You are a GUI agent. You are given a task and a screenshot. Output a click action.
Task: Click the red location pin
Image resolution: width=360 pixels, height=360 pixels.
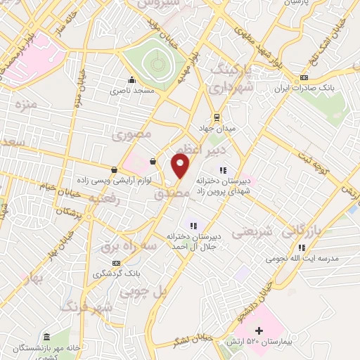(181, 166)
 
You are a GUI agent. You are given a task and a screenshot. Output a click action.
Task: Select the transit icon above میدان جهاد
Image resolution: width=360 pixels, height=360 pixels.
(217, 117)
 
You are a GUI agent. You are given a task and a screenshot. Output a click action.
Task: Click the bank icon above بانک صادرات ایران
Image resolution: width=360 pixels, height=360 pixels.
(303, 77)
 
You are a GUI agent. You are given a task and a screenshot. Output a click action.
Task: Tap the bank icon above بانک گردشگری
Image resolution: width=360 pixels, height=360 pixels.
(116, 263)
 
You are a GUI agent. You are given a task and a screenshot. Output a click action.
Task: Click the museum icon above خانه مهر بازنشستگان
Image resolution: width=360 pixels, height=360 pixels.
(46, 337)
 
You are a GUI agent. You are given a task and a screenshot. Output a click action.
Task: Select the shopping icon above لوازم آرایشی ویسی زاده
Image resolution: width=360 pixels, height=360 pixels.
(115, 169)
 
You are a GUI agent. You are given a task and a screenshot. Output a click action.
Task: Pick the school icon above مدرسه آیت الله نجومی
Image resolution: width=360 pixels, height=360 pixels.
(302, 247)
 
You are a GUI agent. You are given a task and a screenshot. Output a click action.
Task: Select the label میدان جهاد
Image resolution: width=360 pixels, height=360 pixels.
(217, 129)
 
